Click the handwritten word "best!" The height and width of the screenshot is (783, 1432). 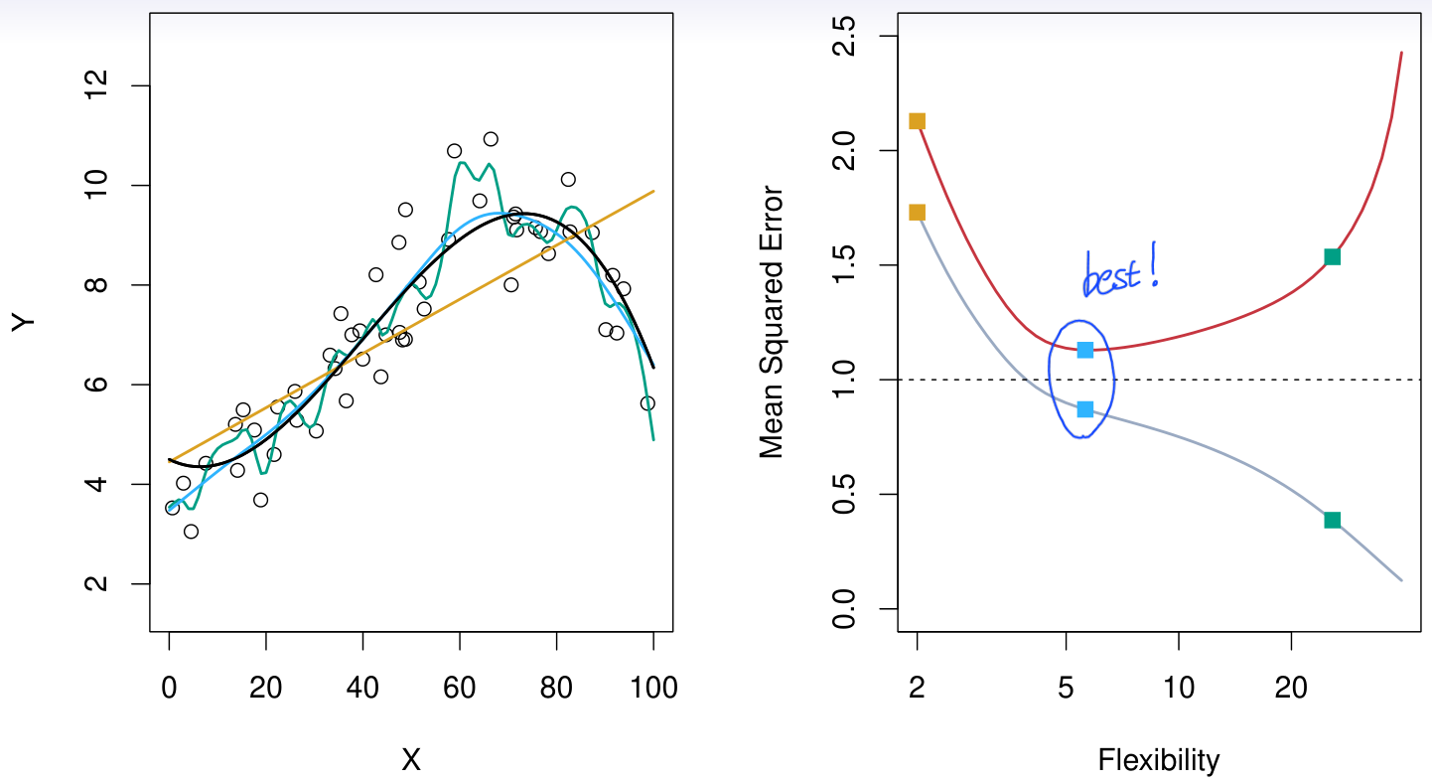1120,272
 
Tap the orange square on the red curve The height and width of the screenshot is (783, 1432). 917,121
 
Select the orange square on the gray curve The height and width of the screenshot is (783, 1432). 917,212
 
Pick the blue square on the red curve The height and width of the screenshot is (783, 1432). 1084,350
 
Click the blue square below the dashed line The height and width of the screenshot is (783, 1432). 1084,409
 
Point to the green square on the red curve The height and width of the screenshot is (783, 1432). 1332,256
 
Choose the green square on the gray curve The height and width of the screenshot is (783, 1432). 1332,520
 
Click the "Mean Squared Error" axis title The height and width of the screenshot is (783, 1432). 772,322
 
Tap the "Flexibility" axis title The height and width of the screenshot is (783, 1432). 1158,761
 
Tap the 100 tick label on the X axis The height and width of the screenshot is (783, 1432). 652,687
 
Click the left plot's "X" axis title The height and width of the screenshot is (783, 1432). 411,761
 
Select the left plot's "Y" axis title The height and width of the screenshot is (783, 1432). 24,322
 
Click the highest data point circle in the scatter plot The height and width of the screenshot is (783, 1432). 491,139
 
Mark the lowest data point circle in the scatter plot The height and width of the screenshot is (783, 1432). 191,532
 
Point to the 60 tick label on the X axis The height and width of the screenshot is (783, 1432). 460,687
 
